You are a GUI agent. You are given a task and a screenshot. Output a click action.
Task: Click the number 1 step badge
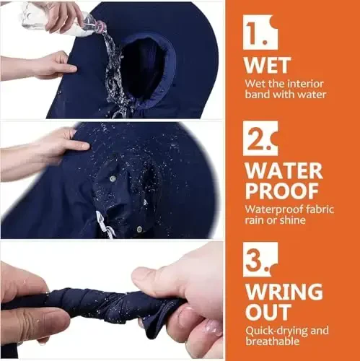click(260, 32)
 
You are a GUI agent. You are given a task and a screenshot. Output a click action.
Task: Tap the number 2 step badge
click(260, 138)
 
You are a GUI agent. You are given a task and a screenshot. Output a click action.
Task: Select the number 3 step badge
click(260, 259)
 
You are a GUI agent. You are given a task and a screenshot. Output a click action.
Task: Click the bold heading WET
click(268, 66)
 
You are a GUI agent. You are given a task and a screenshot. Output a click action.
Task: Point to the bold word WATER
click(284, 171)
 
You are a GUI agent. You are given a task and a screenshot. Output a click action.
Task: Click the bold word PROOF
click(282, 191)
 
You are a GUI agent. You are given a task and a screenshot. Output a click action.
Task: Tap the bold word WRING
click(284, 292)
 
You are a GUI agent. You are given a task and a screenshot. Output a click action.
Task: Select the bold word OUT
click(268, 312)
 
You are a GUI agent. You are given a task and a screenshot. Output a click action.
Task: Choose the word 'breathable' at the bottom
click(273, 342)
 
